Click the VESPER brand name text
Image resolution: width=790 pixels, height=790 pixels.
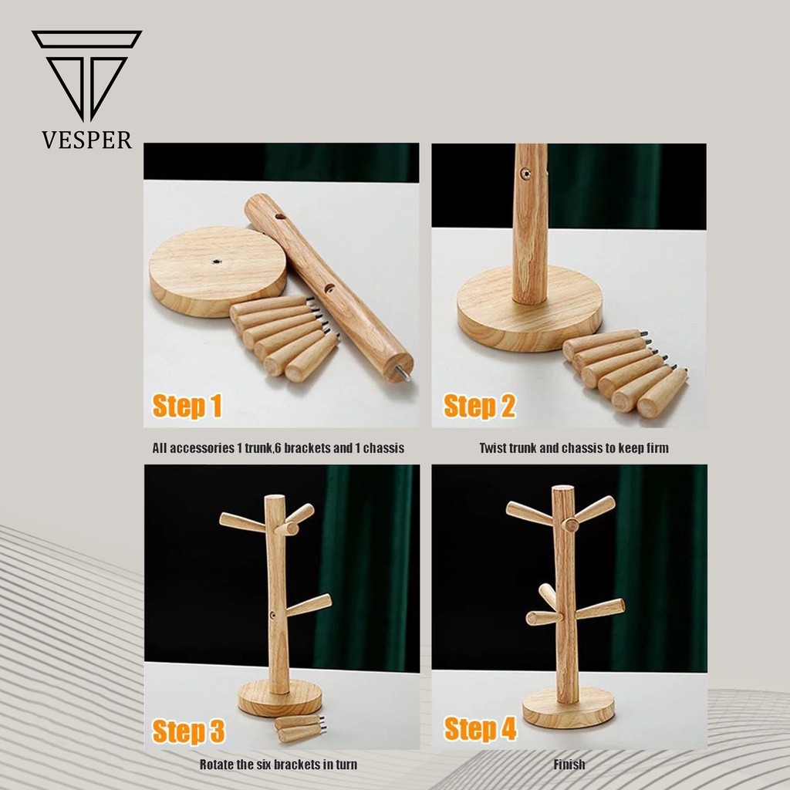click(86, 140)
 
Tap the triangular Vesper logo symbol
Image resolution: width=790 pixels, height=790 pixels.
click(86, 76)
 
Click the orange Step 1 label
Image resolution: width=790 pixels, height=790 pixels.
click(187, 406)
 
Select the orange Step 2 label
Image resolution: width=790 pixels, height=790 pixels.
click(479, 406)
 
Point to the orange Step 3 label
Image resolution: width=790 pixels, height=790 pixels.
click(188, 731)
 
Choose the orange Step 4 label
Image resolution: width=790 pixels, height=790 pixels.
click(480, 728)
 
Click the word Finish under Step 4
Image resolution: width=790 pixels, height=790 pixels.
click(569, 765)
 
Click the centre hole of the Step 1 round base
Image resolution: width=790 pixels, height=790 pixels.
click(217, 262)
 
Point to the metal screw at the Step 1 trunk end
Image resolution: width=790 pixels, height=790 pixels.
click(403, 373)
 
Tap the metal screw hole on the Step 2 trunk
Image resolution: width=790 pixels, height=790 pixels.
click(525, 174)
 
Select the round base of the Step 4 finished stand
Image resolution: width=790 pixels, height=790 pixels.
click(569, 707)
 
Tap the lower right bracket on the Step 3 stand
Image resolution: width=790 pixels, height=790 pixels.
click(309, 605)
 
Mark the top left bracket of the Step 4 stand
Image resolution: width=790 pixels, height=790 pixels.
click(529, 513)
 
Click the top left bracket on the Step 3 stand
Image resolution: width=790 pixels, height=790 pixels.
click(242, 522)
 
